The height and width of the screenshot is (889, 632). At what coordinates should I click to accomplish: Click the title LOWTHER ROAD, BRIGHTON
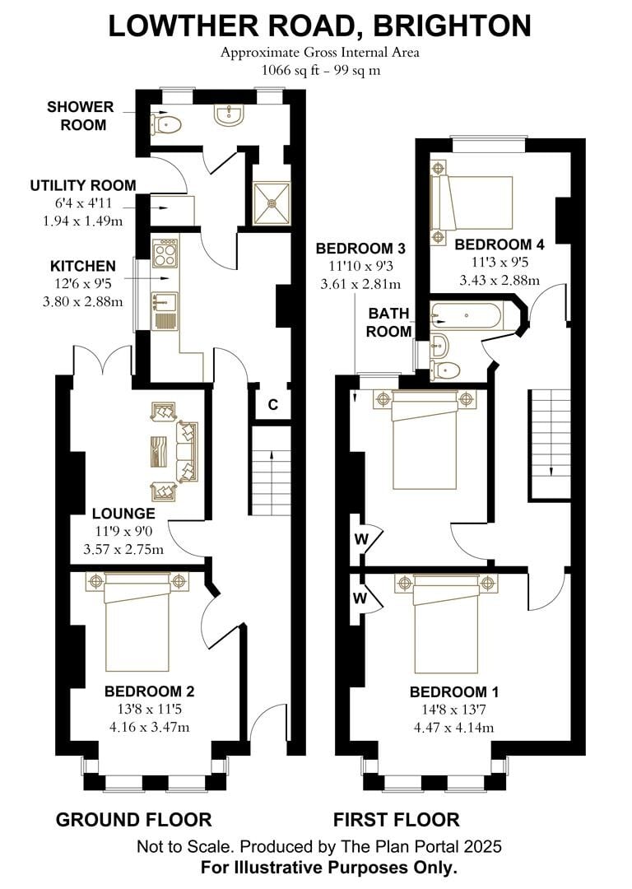point(319,26)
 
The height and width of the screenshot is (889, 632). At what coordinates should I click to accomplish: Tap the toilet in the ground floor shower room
point(167,123)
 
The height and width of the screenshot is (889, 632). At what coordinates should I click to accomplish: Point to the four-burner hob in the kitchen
point(165,252)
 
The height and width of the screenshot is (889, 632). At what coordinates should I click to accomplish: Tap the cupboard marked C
point(272,404)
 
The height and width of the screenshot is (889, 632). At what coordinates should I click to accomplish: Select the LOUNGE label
point(124,514)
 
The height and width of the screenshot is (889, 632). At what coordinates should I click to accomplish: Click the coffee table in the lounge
point(160,452)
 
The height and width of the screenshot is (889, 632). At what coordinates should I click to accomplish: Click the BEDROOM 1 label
point(453,691)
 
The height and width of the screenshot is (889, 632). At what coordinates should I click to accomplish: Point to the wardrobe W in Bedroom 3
point(360,539)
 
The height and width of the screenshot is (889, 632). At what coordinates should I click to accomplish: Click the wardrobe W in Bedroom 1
point(360,598)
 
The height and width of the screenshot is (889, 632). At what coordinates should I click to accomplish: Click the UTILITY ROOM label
point(83,185)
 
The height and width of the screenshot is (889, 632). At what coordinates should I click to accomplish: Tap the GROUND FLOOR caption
point(133,820)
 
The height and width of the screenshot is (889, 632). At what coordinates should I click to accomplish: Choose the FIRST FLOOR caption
point(396,820)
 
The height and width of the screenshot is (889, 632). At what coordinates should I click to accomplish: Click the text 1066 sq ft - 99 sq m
point(320,70)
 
